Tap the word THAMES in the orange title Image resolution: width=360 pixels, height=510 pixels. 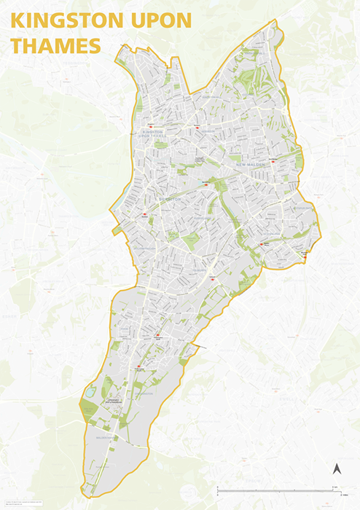(x=55, y=47)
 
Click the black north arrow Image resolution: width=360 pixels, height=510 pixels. (x=337, y=470)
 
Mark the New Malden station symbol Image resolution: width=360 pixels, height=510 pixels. (x=273, y=162)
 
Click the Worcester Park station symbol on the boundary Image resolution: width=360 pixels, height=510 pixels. (x=304, y=256)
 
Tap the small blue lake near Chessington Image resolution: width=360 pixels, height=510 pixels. (x=90, y=392)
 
